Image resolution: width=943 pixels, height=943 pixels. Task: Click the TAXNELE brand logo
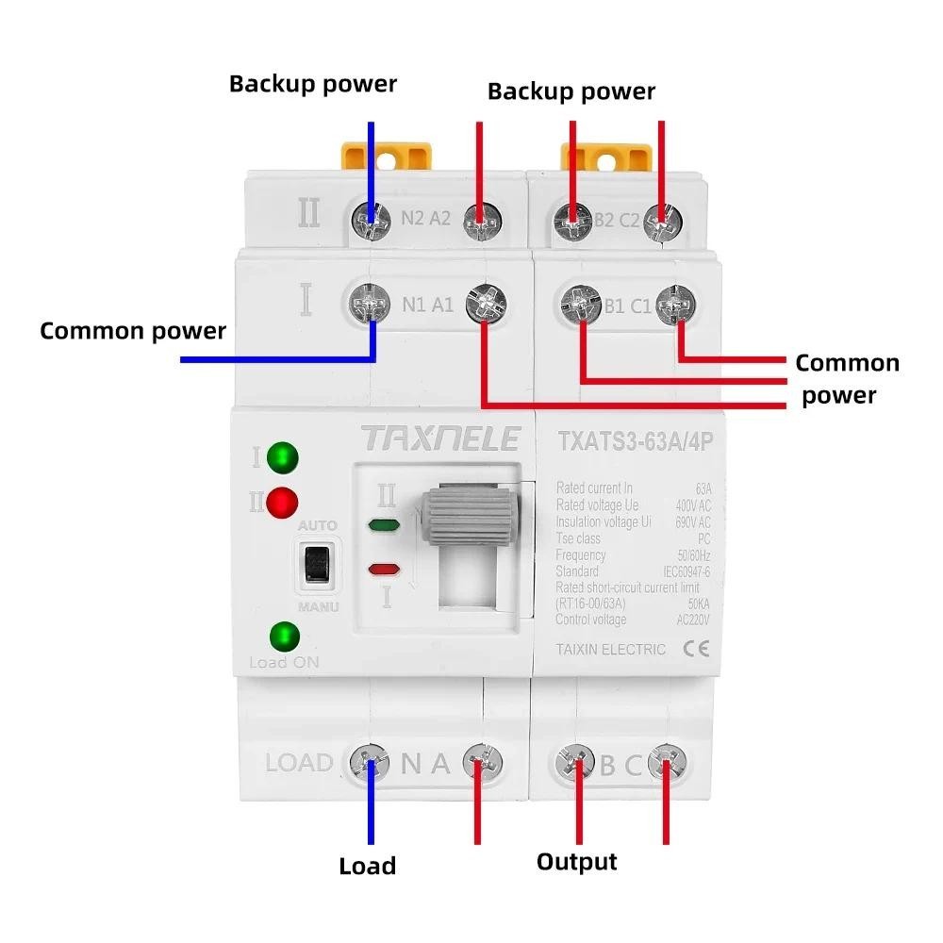coord(439,438)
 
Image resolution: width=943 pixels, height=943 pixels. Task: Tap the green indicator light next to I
coord(281,458)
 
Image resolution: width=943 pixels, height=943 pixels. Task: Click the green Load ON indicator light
coord(281,637)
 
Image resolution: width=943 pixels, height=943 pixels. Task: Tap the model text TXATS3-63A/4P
coord(633,440)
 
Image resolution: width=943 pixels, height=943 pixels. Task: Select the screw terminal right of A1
coord(486,304)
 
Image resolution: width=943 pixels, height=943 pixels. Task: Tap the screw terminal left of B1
coord(578,304)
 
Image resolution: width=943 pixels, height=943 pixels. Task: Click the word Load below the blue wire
coord(367,866)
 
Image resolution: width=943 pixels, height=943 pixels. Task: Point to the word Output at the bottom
coord(576,861)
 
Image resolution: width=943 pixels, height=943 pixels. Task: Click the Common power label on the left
coord(133,331)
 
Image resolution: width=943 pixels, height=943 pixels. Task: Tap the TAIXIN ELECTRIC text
coord(611,649)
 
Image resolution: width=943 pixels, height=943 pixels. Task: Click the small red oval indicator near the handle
coord(383,569)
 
